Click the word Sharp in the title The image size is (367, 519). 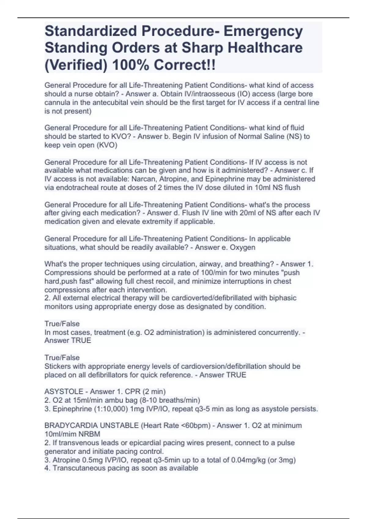pos(201,48)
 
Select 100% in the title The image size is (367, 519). pos(131,65)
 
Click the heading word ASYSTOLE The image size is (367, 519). pos(64,391)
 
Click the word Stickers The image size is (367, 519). pos(57,366)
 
